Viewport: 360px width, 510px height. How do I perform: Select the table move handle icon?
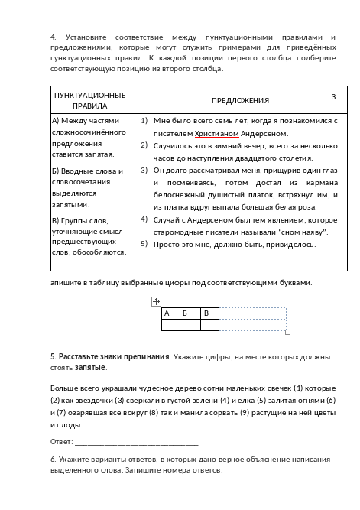pyautogui.click(x=156, y=302)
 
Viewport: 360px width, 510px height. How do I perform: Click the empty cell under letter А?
pyautogui.click(x=170, y=325)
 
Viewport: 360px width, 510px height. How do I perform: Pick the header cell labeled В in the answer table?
pyautogui.click(x=205, y=313)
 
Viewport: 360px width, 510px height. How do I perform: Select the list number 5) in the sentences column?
pyautogui.click(x=144, y=244)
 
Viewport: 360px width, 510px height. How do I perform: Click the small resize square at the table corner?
pyautogui.click(x=287, y=333)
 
